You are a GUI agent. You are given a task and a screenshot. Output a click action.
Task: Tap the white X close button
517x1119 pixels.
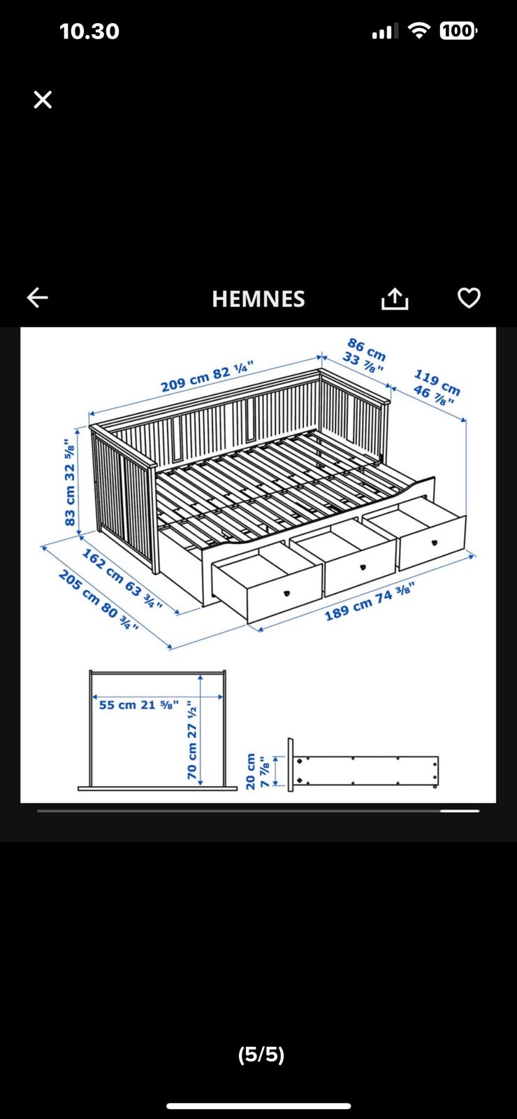43,99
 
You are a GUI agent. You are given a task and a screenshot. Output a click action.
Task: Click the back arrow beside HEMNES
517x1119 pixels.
38,298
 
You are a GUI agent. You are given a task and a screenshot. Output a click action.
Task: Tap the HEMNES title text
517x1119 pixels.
258,299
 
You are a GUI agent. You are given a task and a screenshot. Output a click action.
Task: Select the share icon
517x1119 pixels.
395,298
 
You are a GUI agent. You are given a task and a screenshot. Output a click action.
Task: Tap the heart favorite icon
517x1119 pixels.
469,298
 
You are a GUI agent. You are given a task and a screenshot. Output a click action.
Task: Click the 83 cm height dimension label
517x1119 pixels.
70,482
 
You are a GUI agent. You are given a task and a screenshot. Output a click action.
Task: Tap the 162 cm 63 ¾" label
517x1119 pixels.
122,578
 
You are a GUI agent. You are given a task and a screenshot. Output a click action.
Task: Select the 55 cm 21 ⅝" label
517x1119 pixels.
139,705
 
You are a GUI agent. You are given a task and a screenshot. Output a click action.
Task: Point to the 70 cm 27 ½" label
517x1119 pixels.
191,739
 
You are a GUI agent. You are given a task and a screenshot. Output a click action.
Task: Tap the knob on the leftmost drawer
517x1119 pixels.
286,593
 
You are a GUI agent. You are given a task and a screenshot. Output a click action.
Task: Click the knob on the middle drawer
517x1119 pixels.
363,566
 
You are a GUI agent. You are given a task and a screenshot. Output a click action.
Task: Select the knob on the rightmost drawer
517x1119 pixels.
434,543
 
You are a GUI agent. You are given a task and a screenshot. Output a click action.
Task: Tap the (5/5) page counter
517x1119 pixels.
261,1055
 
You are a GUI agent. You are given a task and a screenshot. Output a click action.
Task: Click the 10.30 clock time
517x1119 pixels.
89,31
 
